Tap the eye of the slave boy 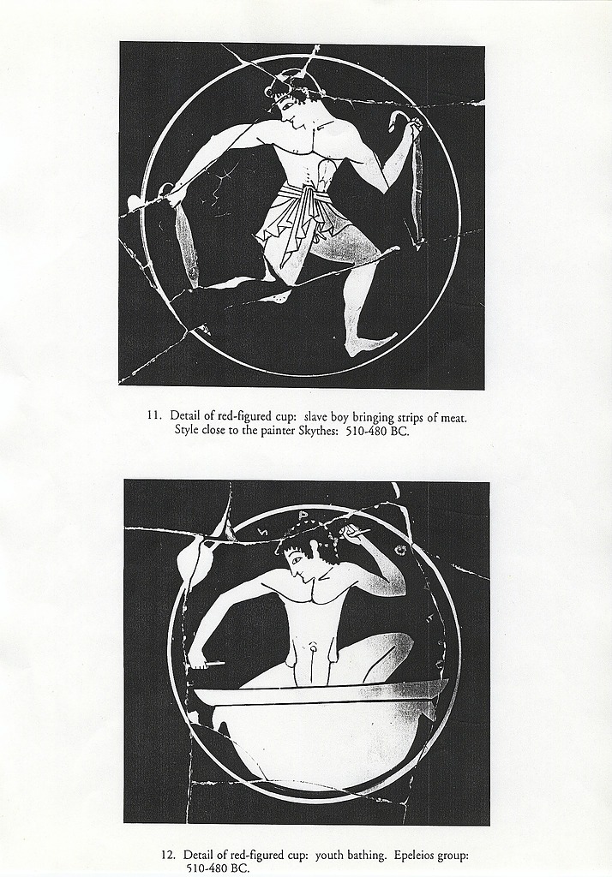click(285, 104)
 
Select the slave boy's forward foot click(369, 344)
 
